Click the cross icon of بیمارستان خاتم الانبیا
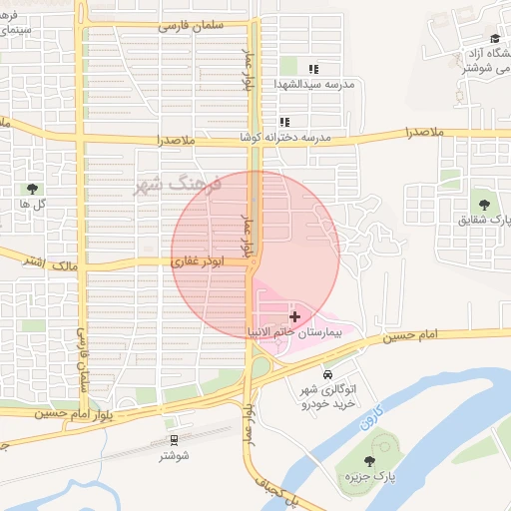(x=293, y=315)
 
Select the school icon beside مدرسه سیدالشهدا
(x=312, y=70)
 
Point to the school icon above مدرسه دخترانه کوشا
(x=285, y=122)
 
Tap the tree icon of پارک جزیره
(x=370, y=460)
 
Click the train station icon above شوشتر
(x=175, y=439)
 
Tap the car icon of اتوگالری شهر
(x=327, y=374)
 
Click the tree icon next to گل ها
(x=33, y=188)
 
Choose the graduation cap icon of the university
(x=494, y=38)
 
